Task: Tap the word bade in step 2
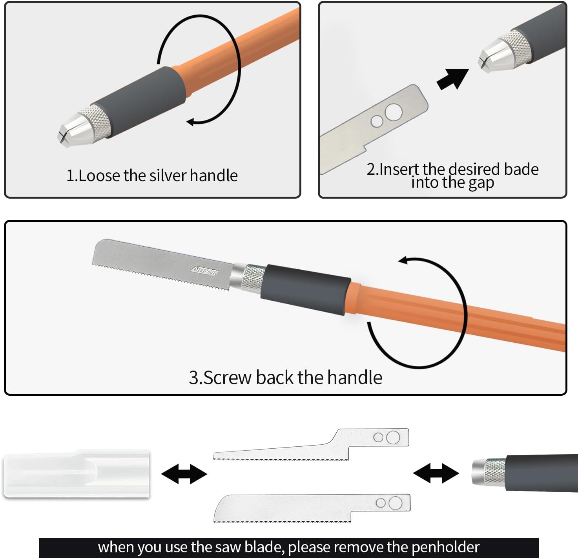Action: coord(521,169)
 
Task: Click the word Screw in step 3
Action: coord(228,378)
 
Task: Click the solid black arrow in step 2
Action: coord(452,79)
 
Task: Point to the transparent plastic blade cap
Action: coord(77,474)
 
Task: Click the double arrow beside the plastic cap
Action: coord(184,474)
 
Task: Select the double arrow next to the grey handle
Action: coord(436,473)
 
